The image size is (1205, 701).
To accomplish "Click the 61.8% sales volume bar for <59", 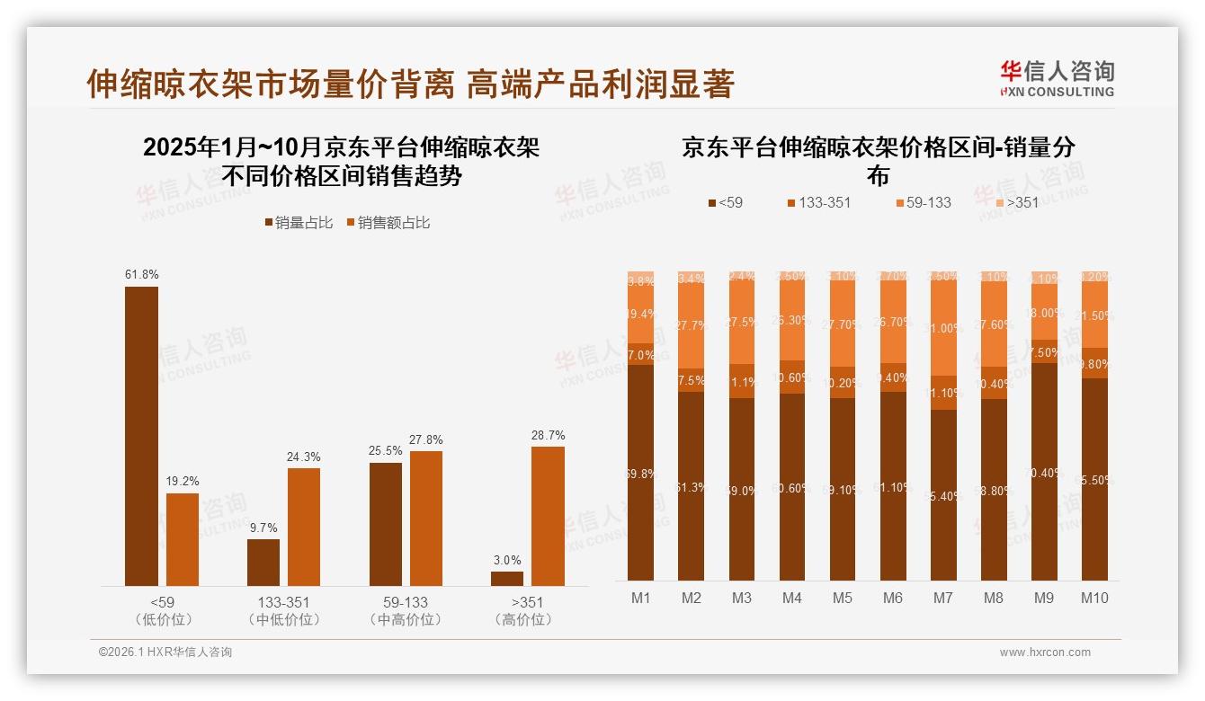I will coord(141,436).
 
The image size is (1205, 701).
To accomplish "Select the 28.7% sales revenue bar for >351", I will coord(548,516).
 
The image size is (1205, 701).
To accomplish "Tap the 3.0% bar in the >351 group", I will coord(506,579).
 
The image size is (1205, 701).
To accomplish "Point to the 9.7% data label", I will coord(263,528).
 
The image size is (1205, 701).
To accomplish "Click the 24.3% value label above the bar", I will coord(304,457).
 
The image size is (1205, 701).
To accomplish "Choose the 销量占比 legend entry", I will coord(299,223).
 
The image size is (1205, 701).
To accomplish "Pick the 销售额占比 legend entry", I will coord(388,223).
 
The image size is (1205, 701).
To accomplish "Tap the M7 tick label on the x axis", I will coord(943,599).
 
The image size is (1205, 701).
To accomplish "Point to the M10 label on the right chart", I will coord(1094,599).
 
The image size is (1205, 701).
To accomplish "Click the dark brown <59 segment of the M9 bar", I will coord(1044,472).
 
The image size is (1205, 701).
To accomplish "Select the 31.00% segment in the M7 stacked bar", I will coord(943,329).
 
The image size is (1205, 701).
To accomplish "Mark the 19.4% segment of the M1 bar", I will coord(641,314).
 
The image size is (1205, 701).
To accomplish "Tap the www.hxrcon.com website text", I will coord(1045,652).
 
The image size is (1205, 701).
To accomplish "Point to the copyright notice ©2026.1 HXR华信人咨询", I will coord(165,652).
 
